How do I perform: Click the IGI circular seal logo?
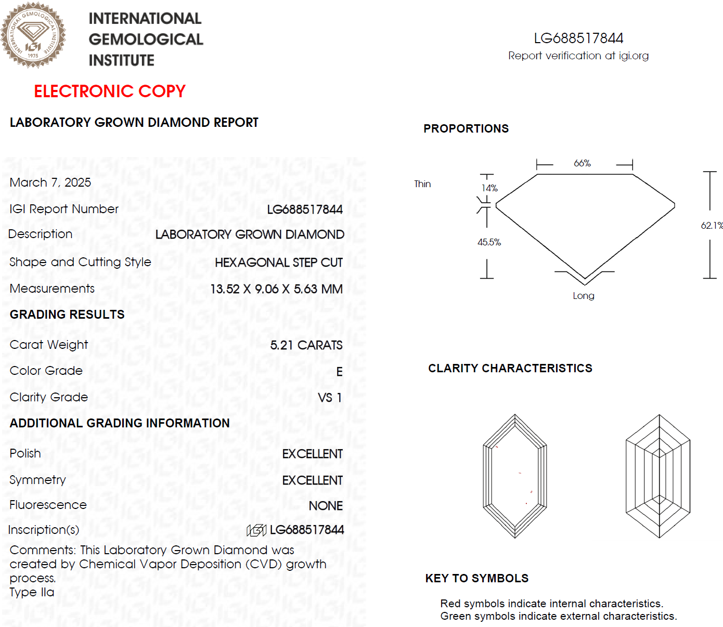pyautogui.click(x=33, y=35)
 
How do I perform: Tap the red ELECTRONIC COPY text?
pyautogui.click(x=110, y=92)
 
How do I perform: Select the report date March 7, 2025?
pyautogui.click(x=50, y=182)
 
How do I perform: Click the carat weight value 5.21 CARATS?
pyautogui.click(x=306, y=345)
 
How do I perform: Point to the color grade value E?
pyautogui.click(x=339, y=372)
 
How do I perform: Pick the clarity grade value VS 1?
pyautogui.click(x=330, y=398)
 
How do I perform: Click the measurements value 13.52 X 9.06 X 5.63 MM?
pyautogui.click(x=276, y=289)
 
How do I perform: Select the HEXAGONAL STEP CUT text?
pyautogui.click(x=278, y=263)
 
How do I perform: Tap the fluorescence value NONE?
pyautogui.click(x=326, y=506)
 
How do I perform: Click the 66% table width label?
pyautogui.click(x=582, y=163)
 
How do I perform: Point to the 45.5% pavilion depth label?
pyautogui.click(x=489, y=242)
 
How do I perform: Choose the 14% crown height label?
pyautogui.click(x=489, y=188)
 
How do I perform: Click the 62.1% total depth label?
pyautogui.click(x=712, y=226)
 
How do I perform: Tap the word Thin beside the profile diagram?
pyautogui.click(x=422, y=184)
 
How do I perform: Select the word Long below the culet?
pyautogui.click(x=583, y=296)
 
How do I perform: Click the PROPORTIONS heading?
pyautogui.click(x=466, y=129)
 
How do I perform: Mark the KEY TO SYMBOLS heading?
pyautogui.click(x=476, y=579)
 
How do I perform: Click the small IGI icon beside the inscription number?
pyautogui.click(x=256, y=530)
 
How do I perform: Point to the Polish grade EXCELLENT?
pyautogui.click(x=312, y=454)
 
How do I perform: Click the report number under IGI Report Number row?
pyautogui.click(x=304, y=210)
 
